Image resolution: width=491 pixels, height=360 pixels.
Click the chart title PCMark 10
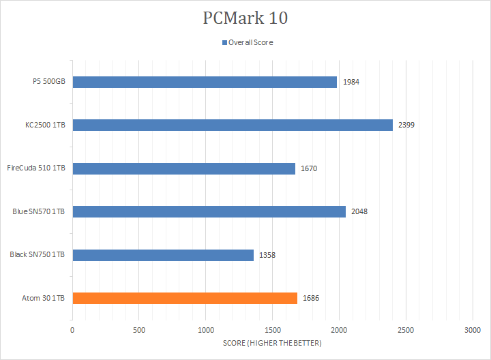click(x=245, y=18)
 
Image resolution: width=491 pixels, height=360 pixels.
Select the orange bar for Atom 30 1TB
click(x=185, y=298)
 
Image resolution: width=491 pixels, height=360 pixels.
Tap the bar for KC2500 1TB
click(x=233, y=125)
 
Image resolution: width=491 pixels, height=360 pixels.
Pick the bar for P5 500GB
click(x=205, y=82)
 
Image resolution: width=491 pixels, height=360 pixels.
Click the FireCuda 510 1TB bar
click(x=183, y=168)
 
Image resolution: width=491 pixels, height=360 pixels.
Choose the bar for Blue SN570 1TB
click(x=209, y=211)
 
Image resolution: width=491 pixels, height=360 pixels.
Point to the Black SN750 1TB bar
click(x=163, y=255)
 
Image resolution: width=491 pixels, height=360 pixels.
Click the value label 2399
click(x=406, y=125)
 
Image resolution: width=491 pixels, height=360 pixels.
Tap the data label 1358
click(x=267, y=255)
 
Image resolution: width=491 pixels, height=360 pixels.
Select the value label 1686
click(x=311, y=298)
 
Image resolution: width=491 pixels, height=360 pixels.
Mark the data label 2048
click(x=359, y=211)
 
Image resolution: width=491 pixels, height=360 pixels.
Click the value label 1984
click(x=351, y=82)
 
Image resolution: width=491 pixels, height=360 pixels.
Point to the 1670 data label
click(x=309, y=168)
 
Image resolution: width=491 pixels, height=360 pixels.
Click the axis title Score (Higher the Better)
click(x=272, y=342)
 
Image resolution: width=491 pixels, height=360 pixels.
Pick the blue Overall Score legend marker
click(x=224, y=42)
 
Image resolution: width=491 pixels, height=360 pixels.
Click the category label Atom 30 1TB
click(x=44, y=298)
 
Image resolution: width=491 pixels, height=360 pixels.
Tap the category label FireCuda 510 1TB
click(x=36, y=168)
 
